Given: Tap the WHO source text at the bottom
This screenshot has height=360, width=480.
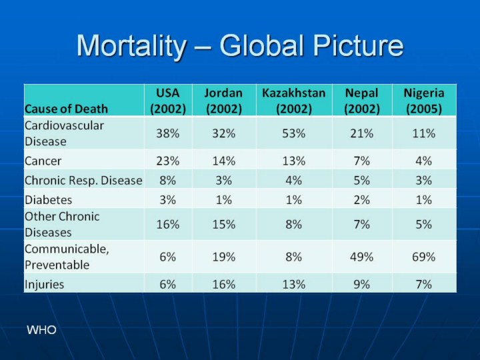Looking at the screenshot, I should [41, 331].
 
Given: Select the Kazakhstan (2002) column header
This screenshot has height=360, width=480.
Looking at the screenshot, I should [293, 100].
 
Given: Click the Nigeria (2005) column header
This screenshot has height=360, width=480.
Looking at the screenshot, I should [424, 100].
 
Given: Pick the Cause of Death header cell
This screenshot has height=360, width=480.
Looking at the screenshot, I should [66, 108].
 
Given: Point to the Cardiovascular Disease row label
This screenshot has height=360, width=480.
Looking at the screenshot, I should [64, 133].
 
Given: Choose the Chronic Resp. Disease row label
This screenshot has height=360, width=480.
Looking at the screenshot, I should [83, 180].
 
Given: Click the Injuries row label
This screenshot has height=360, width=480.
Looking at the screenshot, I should [45, 284].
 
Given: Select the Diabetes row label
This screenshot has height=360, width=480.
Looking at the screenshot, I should [48, 199].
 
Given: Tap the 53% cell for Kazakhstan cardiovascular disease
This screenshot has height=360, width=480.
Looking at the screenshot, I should [293, 133].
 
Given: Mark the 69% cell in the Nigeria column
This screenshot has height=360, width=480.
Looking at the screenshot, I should [424, 257].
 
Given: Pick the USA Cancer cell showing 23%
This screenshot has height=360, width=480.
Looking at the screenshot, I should [168, 161].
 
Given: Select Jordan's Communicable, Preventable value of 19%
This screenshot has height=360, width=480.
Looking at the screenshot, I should [224, 257].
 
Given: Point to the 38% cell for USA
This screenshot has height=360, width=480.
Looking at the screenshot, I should [168, 133].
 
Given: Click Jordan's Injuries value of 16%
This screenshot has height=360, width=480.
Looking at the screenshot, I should [224, 284].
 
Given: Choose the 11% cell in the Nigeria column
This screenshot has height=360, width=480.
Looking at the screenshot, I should [424, 133].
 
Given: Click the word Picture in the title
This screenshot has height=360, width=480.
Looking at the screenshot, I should [357, 46].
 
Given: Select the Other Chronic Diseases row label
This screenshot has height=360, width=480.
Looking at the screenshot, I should [62, 224].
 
